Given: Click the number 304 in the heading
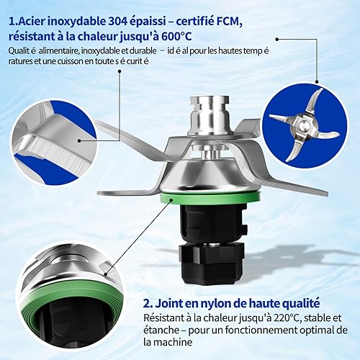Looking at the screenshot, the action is click(117, 22).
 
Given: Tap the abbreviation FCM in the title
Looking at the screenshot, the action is click(229, 22).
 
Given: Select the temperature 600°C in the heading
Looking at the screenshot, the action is click(176, 37).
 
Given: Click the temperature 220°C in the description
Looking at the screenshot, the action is click(287, 318).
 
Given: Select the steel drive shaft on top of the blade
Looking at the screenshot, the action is click(210, 115).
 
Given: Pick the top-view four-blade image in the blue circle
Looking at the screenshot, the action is click(305, 125).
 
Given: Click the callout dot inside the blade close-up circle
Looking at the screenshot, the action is click(80, 141).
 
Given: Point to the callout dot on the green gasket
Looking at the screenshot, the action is click(171, 199).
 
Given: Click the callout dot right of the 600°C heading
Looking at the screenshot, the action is click(277, 39).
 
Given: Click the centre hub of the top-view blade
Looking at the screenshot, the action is click(304, 125).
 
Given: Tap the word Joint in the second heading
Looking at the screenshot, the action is click(167, 303).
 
